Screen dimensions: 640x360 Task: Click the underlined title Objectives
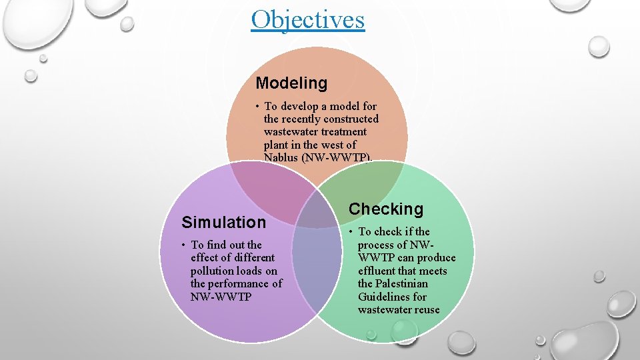[x=308, y=19]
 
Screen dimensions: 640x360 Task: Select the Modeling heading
[x=291, y=83]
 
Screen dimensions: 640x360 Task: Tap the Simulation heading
[x=223, y=222]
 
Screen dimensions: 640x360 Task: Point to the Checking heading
[x=386, y=209]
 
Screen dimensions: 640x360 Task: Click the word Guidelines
[x=382, y=297]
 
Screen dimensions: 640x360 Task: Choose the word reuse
[x=426, y=309]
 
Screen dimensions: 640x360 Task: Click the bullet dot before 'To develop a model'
[x=257, y=106]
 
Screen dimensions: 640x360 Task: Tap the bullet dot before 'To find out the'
[x=184, y=245]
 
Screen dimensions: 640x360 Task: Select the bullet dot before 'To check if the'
[x=351, y=231]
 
